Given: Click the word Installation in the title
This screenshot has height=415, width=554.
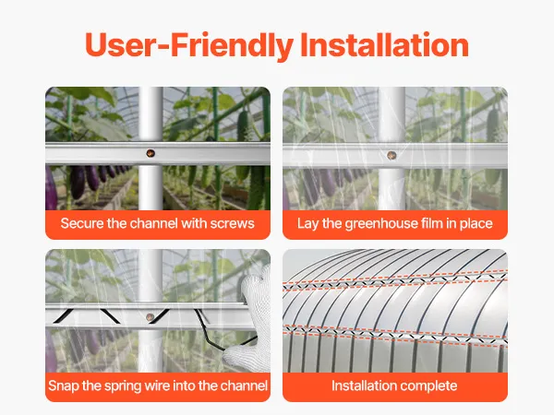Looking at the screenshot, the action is click(x=384, y=45).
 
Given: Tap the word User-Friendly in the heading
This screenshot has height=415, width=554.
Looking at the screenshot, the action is click(x=189, y=46).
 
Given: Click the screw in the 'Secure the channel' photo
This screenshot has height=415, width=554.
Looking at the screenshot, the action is click(x=151, y=153).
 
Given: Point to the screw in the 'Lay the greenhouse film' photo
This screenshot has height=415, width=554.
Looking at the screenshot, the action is click(x=391, y=155).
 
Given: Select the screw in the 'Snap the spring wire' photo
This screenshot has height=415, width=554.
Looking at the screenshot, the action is click(x=151, y=317).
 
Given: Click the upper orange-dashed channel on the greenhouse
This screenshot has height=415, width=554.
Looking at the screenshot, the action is click(x=395, y=279).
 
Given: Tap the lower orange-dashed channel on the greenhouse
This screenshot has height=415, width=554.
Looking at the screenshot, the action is click(x=395, y=334).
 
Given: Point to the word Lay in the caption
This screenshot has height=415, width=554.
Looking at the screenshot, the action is click(x=308, y=224).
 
